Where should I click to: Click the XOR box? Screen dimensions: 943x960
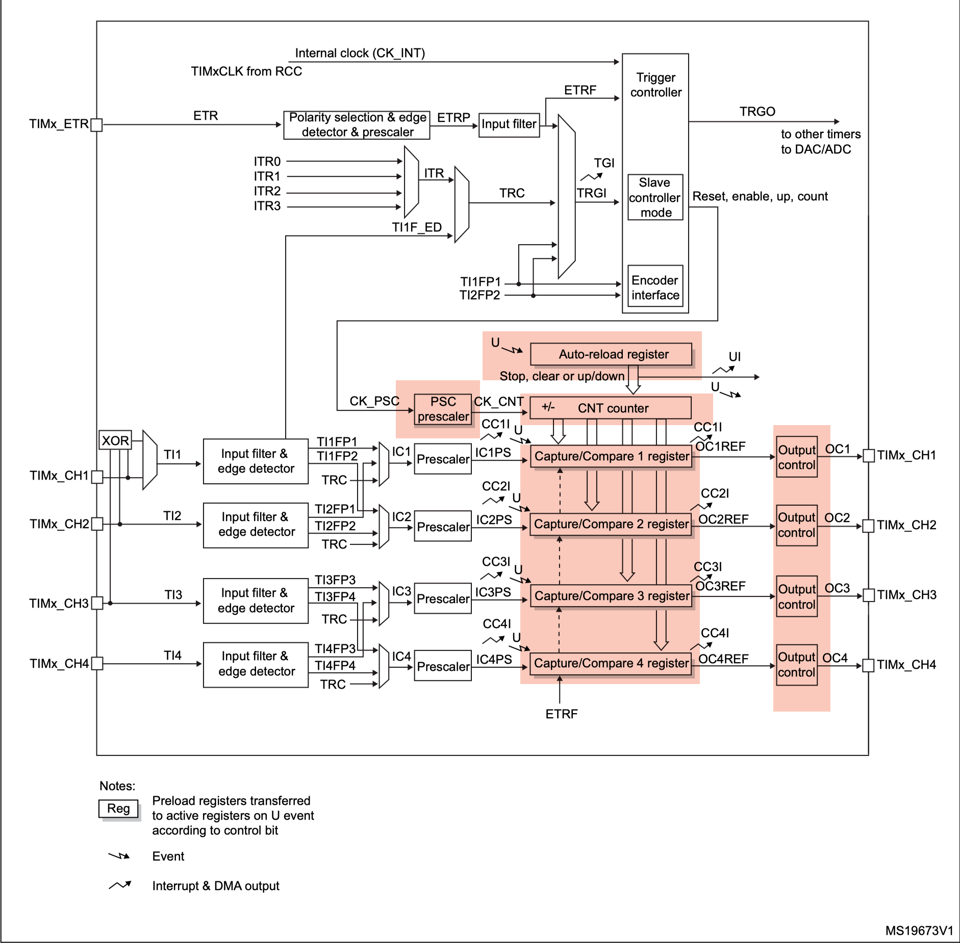(115, 440)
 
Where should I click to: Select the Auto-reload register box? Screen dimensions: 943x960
(611, 354)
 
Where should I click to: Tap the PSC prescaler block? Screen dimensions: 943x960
(443, 409)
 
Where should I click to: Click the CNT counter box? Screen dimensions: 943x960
(611, 408)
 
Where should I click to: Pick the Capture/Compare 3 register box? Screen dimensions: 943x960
(611, 596)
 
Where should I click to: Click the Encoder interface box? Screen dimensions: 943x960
(655, 287)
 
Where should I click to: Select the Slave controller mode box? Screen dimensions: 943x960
(655, 197)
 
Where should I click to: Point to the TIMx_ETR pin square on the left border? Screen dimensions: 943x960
(96, 125)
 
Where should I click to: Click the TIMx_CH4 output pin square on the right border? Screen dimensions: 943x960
(868, 665)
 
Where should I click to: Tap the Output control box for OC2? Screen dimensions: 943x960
(797, 526)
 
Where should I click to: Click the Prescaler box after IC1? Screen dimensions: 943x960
(443, 459)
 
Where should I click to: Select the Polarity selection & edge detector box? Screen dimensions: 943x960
(357, 125)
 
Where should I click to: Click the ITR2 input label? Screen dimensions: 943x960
(267, 191)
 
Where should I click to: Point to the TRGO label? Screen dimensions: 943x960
(757, 112)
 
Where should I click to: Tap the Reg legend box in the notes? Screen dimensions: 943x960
(118, 808)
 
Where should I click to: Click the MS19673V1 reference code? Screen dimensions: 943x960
(919, 931)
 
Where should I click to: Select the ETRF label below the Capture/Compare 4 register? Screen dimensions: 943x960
(561, 714)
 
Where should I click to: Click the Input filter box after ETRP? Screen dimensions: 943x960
(509, 124)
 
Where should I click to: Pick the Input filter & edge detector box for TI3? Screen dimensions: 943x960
(256, 600)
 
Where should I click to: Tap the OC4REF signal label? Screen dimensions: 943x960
(723, 659)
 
